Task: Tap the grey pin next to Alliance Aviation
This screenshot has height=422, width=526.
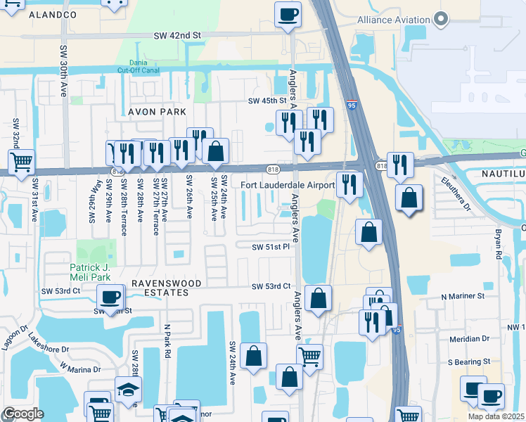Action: click(x=442, y=20)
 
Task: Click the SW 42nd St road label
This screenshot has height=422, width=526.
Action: click(x=178, y=34)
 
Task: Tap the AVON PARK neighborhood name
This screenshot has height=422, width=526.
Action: click(x=157, y=112)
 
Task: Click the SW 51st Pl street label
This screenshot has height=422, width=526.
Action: click(x=271, y=247)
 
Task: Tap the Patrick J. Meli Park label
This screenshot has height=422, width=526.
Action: click(x=91, y=271)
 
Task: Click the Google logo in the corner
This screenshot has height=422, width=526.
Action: click(x=23, y=414)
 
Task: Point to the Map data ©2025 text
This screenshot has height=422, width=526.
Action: click(x=496, y=416)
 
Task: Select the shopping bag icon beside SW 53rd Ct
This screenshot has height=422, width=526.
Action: click(x=319, y=298)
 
